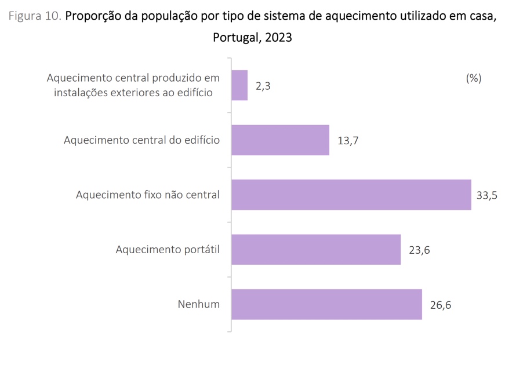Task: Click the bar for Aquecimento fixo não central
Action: click(x=351, y=195)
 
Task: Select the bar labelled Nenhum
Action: click(x=326, y=304)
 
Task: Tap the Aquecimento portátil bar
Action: click(x=316, y=250)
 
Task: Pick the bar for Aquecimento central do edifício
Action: click(x=280, y=140)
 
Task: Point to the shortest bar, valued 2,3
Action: click(x=239, y=86)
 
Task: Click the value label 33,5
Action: click(x=487, y=195)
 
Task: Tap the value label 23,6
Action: click(x=419, y=250)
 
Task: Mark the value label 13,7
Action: click(x=348, y=141)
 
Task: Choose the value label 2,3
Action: click(x=263, y=86)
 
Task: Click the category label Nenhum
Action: click(x=199, y=304)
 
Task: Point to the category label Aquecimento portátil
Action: click(x=168, y=250)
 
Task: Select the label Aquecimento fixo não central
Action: click(x=148, y=195)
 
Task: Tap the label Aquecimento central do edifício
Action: click(x=142, y=140)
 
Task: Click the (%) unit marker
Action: click(x=474, y=78)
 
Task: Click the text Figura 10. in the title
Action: click(x=35, y=16)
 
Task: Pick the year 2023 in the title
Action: click(x=278, y=38)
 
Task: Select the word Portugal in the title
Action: click(x=236, y=38)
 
